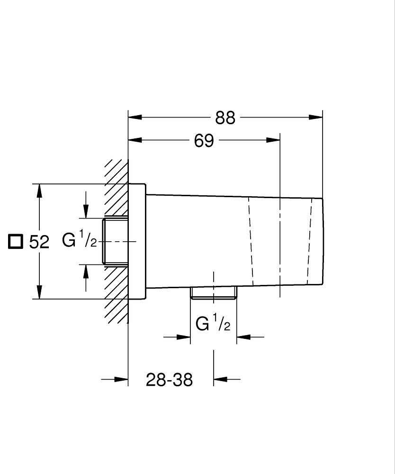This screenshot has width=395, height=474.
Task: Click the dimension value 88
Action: point(225,118)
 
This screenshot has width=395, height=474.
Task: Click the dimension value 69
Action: point(204,141)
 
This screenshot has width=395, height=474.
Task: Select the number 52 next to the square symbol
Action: point(39,242)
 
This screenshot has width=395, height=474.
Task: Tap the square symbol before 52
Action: point(16,241)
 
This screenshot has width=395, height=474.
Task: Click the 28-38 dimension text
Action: point(169,380)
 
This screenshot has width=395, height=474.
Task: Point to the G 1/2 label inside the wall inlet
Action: point(80,241)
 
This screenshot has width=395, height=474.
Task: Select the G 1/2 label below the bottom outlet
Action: point(213,325)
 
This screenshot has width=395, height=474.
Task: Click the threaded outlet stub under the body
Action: point(213,293)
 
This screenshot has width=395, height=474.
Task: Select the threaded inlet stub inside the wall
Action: point(116,241)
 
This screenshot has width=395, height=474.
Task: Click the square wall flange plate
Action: point(137,241)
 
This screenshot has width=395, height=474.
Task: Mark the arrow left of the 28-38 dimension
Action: point(121,379)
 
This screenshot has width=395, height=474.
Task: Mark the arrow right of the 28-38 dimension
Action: point(220,379)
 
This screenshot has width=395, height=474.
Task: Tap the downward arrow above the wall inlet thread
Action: point(86,211)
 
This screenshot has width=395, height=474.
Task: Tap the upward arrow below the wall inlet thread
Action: point(86,271)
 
